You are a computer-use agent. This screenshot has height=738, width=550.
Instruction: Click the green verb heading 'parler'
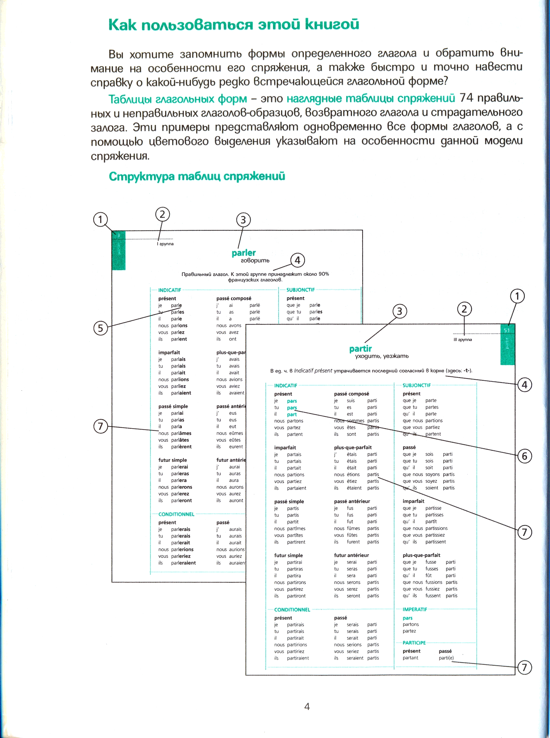[x=244, y=253]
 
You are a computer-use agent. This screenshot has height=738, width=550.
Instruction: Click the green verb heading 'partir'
[x=360, y=349]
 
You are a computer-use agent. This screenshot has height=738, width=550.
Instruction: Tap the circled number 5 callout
[x=100, y=328]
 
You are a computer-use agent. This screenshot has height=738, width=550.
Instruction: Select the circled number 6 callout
[x=524, y=456]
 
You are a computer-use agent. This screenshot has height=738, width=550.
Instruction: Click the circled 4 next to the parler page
[x=297, y=260]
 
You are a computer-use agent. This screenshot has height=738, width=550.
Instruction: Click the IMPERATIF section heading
[x=414, y=609]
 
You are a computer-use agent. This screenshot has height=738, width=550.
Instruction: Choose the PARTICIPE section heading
[x=414, y=643]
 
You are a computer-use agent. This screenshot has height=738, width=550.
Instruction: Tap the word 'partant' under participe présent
[x=410, y=658]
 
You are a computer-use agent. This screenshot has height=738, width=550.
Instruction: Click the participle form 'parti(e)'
[x=446, y=658]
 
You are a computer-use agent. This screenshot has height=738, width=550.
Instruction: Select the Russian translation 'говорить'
[x=255, y=260]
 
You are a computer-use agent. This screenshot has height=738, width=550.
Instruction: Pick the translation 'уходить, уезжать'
[x=382, y=356]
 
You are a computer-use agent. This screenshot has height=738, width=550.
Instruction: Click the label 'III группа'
[x=462, y=340]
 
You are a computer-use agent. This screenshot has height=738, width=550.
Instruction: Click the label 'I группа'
[x=165, y=244]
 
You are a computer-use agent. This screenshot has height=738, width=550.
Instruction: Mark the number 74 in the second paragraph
[x=466, y=98]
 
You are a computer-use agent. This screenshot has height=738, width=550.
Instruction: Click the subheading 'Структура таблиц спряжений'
[x=197, y=176]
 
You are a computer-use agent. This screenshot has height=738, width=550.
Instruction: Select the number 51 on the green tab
[x=506, y=330]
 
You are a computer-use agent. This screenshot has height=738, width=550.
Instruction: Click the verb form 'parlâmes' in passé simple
[x=181, y=433]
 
